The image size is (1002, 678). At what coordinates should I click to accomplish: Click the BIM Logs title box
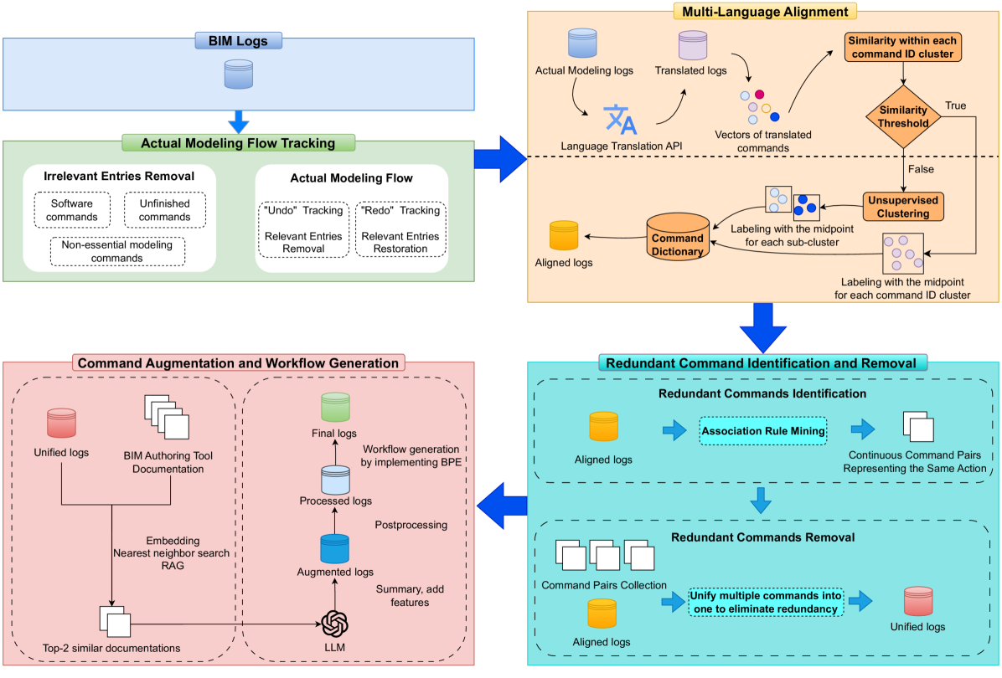[x=238, y=39]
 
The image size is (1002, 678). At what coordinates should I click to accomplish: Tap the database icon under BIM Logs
[x=238, y=74]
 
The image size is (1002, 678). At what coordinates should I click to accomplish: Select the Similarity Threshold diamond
[x=903, y=116]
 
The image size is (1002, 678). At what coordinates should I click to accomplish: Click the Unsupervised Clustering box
[x=903, y=206]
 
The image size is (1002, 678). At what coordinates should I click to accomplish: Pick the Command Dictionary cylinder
[x=678, y=238]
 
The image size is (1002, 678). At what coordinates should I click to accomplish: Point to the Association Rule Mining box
[x=762, y=432]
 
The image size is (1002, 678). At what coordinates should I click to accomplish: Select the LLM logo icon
[x=334, y=624]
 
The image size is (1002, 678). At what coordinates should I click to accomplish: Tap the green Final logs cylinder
[x=335, y=407]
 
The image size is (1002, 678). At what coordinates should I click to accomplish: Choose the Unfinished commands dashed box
[x=164, y=210]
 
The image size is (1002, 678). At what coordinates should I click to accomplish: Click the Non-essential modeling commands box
[x=117, y=252]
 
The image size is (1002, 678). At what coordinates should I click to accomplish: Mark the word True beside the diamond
[x=955, y=105]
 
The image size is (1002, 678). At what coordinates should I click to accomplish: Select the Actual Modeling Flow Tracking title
[x=239, y=143]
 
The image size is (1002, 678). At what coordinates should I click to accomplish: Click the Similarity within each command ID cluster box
[x=902, y=48]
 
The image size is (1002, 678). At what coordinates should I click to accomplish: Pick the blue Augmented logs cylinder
[x=335, y=548]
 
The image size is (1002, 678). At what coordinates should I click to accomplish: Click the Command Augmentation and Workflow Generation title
[x=239, y=362]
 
